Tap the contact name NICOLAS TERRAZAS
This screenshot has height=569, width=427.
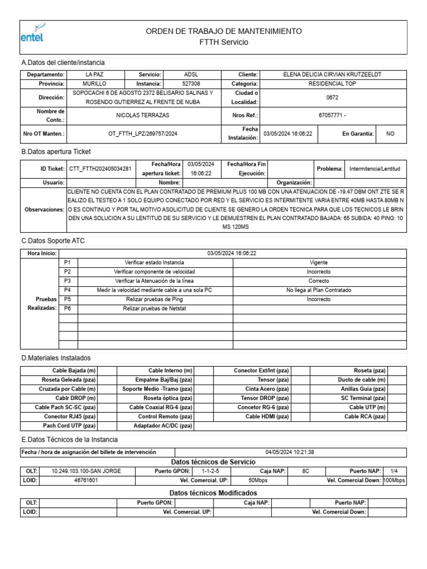pyautogui.click(x=142, y=115)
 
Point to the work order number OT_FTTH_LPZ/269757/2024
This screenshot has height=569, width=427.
pyautogui.click(x=143, y=134)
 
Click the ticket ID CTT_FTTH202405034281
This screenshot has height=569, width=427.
pyautogui.click(x=100, y=168)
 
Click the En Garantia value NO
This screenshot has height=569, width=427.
pyautogui.click(x=390, y=134)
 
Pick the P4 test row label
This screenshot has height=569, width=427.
pyautogui.click(x=68, y=290)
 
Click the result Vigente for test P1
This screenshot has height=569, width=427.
pyautogui.click(x=319, y=262)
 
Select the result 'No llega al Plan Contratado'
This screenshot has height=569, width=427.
pyautogui.click(x=319, y=290)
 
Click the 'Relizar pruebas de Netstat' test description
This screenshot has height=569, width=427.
pyautogui.click(x=155, y=308)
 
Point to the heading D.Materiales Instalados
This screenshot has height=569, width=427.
pyautogui.click(x=56, y=358)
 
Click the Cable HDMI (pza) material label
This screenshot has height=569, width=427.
pyautogui.click(x=267, y=416)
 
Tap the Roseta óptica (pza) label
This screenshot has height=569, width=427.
pyautogui.click(x=168, y=398)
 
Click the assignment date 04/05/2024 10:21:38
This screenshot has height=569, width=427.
pyautogui.click(x=290, y=452)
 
